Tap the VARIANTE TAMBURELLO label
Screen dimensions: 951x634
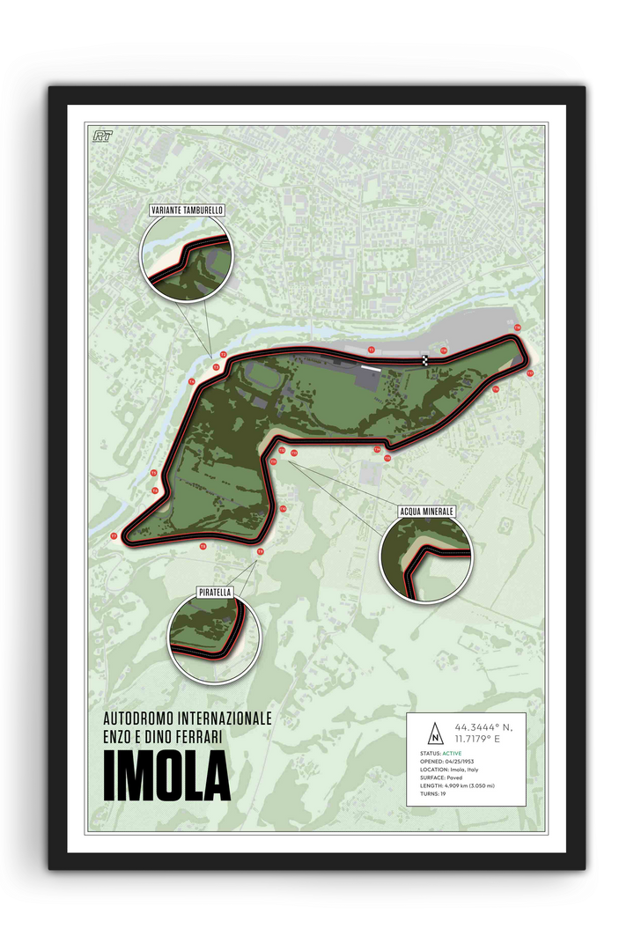pyautogui.click(x=187, y=210)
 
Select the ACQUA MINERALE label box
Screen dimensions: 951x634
pyautogui.click(x=426, y=511)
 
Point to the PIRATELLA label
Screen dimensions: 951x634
pyautogui.click(x=216, y=593)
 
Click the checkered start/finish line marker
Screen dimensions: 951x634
pyautogui.click(x=426, y=360)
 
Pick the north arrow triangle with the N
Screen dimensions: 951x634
pyautogui.click(x=434, y=733)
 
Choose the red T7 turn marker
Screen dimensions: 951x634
pyautogui.click(x=114, y=535)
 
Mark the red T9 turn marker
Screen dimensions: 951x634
pyautogui.click(x=260, y=551)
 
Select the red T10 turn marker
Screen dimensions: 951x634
pyautogui.click(x=284, y=509)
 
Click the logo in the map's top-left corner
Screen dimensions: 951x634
pyautogui.click(x=102, y=136)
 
